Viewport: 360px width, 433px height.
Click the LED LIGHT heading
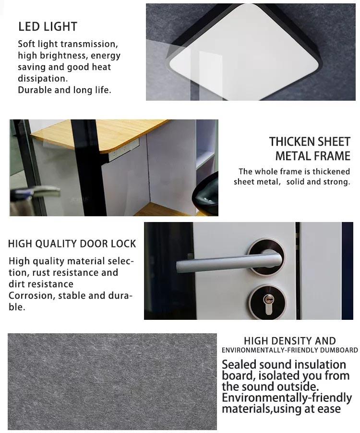[x=48, y=27]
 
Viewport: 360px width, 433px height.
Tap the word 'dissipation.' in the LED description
[x=43, y=79]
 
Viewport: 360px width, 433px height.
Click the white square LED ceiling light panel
[x=244, y=52]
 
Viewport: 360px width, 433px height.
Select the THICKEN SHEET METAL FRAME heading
[x=310, y=149]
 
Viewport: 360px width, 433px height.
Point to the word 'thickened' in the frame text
[x=331, y=172]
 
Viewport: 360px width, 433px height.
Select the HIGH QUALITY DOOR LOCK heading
[x=72, y=244]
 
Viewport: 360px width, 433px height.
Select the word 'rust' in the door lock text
[x=41, y=273]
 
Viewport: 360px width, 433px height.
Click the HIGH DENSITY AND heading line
[x=290, y=341]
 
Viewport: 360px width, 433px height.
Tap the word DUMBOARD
[x=339, y=350]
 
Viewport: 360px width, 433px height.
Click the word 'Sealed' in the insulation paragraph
[x=239, y=364]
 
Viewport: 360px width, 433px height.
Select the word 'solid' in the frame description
[x=296, y=182]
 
